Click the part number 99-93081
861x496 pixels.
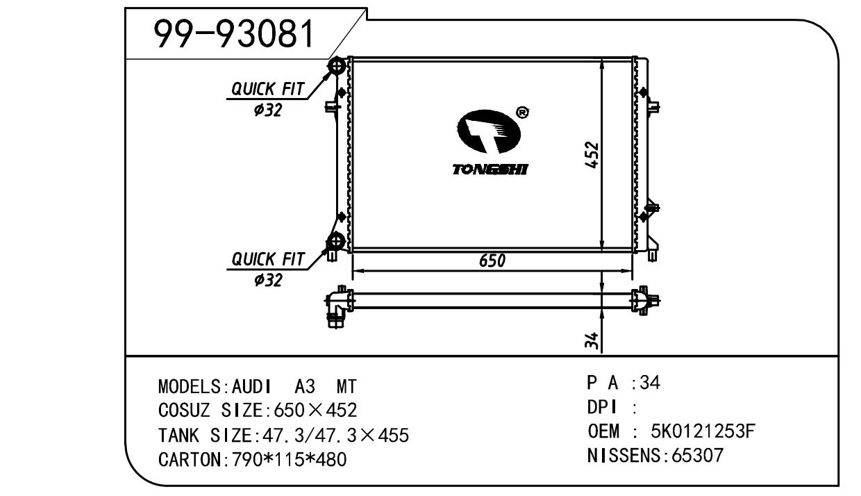[234, 34]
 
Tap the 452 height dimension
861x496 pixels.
[592, 155]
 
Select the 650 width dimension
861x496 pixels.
[492, 261]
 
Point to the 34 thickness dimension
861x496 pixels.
[592, 340]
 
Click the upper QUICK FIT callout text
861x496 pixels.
[267, 89]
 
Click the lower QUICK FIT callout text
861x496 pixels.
[268, 259]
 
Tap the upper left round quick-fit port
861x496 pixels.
[337, 66]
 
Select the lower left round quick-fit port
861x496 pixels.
[336, 242]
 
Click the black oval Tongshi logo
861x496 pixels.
[489, 131]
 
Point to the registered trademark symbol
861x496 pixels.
[521, 113]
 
